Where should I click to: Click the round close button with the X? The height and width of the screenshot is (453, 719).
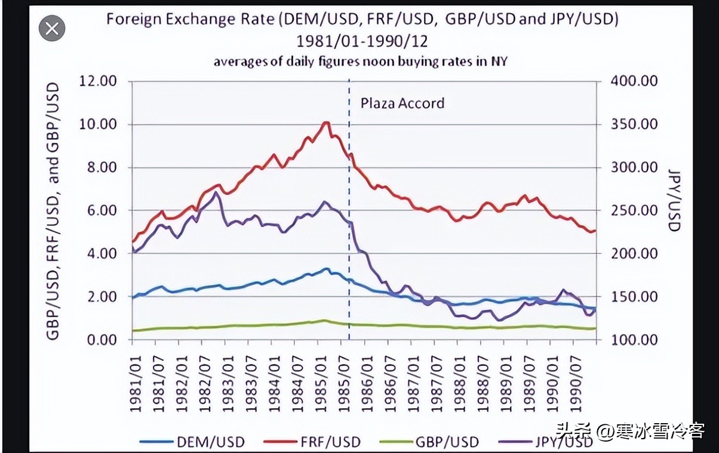[x=51, y=28]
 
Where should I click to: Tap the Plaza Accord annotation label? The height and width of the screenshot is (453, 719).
[x=402, y=103]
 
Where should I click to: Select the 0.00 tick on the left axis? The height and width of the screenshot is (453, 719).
[x=100, y=339]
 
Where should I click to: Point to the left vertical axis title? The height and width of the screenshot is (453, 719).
[x=53, y=211]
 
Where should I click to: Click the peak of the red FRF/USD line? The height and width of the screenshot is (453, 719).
[x=325, y=123]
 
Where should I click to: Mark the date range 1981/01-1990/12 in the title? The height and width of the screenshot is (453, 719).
[x=362, y=42]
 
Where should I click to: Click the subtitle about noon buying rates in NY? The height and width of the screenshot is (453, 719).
[x=361, y=61]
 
